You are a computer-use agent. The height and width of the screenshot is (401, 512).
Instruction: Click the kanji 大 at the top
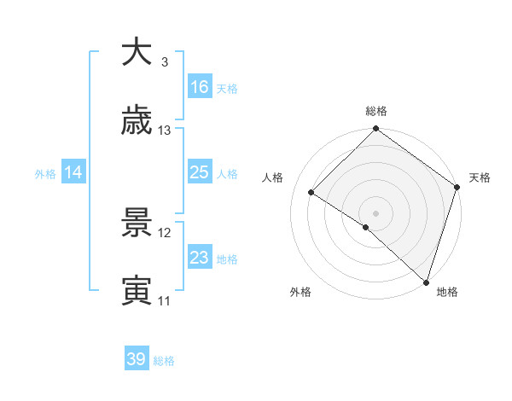pyautogui.click(x=137, y=52)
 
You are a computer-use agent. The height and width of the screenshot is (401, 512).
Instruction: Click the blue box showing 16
pyautogui.click(x=200, y=87)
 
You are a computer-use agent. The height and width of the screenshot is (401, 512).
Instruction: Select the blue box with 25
pyautogui.click(x=200, y=172)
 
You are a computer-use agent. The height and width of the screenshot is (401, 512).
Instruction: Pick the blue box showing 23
pyautogui.click(x=200, y=258)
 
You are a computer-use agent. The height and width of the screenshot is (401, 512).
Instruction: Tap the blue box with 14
pyautogui.click(x=73, y=172)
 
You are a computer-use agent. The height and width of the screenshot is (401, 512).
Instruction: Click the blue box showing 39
pyautogui.click(x=137, y=359)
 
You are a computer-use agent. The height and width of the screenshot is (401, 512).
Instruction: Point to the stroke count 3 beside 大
pyautogui.click(x=165, y=62)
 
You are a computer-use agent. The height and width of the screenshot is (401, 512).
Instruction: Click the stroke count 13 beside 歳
pyautogui.click(x=165, y=131)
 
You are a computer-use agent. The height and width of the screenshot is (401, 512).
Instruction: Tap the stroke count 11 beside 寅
pyautogui.click(x=165, y=300)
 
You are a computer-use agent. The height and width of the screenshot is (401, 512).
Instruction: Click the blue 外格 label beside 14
pyautogui.click(x=45, y=173)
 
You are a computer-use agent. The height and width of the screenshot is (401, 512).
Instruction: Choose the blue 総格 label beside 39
pyautogui.click(x=164, y=361)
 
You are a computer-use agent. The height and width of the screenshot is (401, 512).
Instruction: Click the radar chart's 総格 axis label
pyautogui.click(x=375, y=111)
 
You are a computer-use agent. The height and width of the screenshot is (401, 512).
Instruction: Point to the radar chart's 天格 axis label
pyautogui.click(x=480, y=177)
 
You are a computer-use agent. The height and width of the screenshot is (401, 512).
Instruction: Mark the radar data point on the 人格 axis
pyautogui.click(x=311, y=192)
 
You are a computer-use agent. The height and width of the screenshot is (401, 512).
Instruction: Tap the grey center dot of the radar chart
pyautogui.click(x=375, y=212)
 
